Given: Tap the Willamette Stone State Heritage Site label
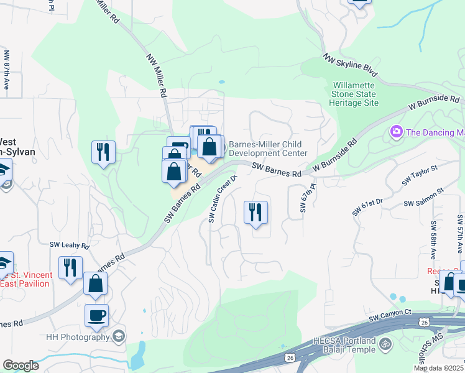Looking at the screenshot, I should pyautogui.click(x=355, y=94).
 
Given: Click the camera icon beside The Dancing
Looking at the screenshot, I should pyautogui.click(x=395, y=132).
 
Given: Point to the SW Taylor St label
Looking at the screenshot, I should pyautogui.click(x=420, y=175).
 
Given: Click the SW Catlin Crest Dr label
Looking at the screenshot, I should pyautogui.click(x=223, y=198).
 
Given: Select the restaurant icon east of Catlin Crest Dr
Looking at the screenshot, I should pyautogui.click(x=256, y=212).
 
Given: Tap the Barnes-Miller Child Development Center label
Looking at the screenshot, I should pyautogui.click(x=268, y=149).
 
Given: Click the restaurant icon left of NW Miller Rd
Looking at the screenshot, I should pyautogui.click(x=103, y=152).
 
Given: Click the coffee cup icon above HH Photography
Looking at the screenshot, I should pyautogui.click(x=96, y=315).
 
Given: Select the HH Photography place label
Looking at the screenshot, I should pyautogui.click(x=78, y=337).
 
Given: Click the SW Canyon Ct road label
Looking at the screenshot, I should pyautogui.click(x=390, y=318).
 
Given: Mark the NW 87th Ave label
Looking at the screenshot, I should pyautogui.click(x=6, y=71).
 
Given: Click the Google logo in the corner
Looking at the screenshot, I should pyautogui.click(x=21, y=366).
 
